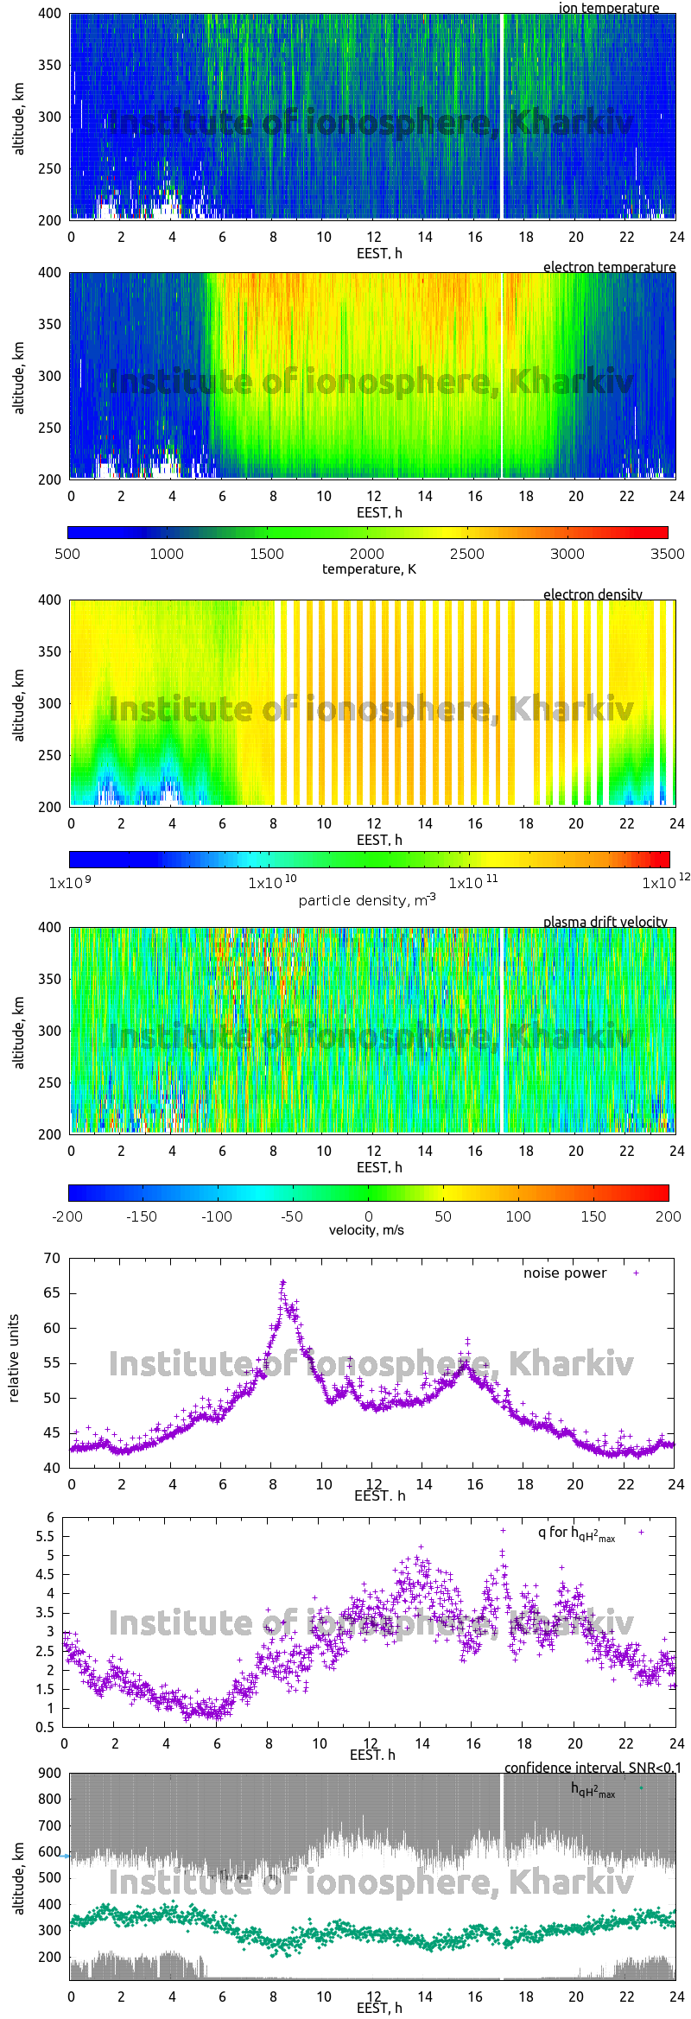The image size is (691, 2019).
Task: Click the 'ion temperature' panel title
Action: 609,8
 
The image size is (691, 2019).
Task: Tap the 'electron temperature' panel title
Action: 609,267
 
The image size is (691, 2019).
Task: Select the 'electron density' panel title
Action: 593,594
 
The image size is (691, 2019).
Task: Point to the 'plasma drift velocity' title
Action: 605,922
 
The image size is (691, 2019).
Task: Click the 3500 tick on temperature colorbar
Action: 667,554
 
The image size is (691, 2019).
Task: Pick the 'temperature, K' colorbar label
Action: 369,569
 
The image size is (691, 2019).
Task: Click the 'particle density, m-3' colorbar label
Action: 367,900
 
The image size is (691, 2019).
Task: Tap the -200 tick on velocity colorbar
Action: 67,1216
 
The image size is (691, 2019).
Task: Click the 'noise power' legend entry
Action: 565,1273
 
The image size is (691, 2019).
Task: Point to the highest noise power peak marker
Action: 282,1283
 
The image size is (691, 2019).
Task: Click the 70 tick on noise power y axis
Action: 52,1258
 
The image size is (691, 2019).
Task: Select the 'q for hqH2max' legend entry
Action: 576,1533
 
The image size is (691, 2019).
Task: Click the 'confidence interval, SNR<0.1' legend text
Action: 593,1768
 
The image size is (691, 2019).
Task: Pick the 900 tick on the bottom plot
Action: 49,1773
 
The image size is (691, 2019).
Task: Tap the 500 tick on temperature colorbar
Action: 67,554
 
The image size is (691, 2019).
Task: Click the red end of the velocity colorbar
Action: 663,1193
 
